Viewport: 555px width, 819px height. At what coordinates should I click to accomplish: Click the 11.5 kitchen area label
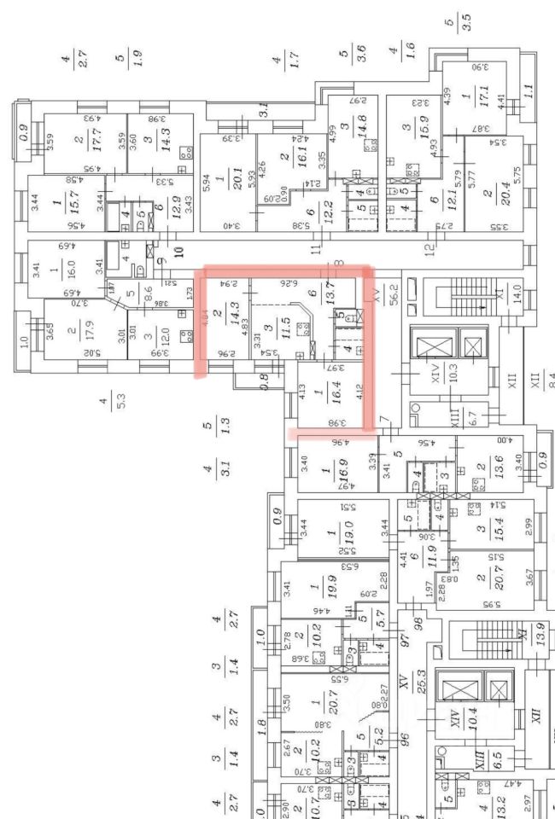pos(289,333)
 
